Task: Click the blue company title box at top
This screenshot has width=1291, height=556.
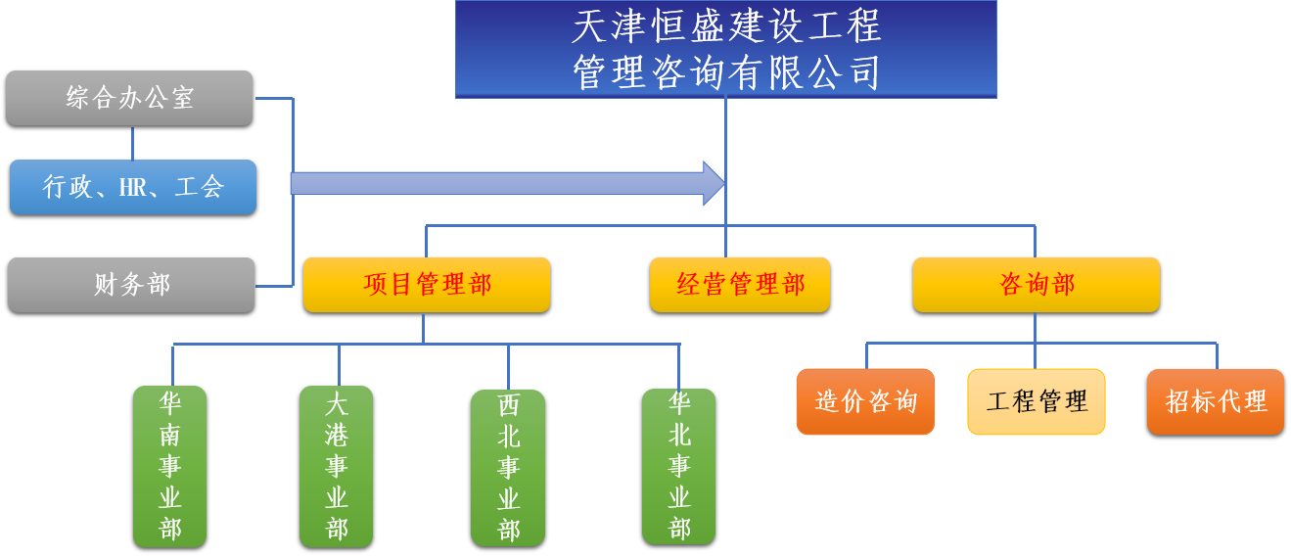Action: coord(725,49)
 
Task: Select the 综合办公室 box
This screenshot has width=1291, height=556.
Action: coord(129,98)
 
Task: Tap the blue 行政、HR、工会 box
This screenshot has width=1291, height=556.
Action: coord(133,187)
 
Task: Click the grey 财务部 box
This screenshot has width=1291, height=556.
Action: coord(131,285)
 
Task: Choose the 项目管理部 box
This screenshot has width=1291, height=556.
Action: coord(427,285)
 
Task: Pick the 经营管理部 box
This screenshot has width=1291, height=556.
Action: coord(740,285)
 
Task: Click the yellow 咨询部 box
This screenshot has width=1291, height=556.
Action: coord(1037,285)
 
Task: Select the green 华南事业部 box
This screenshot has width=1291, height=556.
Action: coord(170,466)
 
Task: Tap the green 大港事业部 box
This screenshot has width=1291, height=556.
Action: coord(337,466)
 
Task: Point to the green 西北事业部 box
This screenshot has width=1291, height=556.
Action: coord(508,468)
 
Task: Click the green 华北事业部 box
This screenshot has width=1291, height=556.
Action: coord(679,466)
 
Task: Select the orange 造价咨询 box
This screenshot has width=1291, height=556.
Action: coord(865,401)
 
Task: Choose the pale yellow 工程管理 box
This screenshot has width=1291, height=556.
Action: coord(1037,401)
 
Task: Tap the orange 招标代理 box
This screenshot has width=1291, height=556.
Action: coord(1216,401)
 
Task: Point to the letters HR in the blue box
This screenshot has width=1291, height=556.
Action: coord(132,188)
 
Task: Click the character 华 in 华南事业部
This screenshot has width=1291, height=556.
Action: coord(170,402)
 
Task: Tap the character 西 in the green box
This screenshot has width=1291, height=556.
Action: coord(508,405)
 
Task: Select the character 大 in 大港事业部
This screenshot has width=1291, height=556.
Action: coord(337,402)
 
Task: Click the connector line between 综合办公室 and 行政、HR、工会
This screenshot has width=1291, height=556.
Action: coord(132,143)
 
